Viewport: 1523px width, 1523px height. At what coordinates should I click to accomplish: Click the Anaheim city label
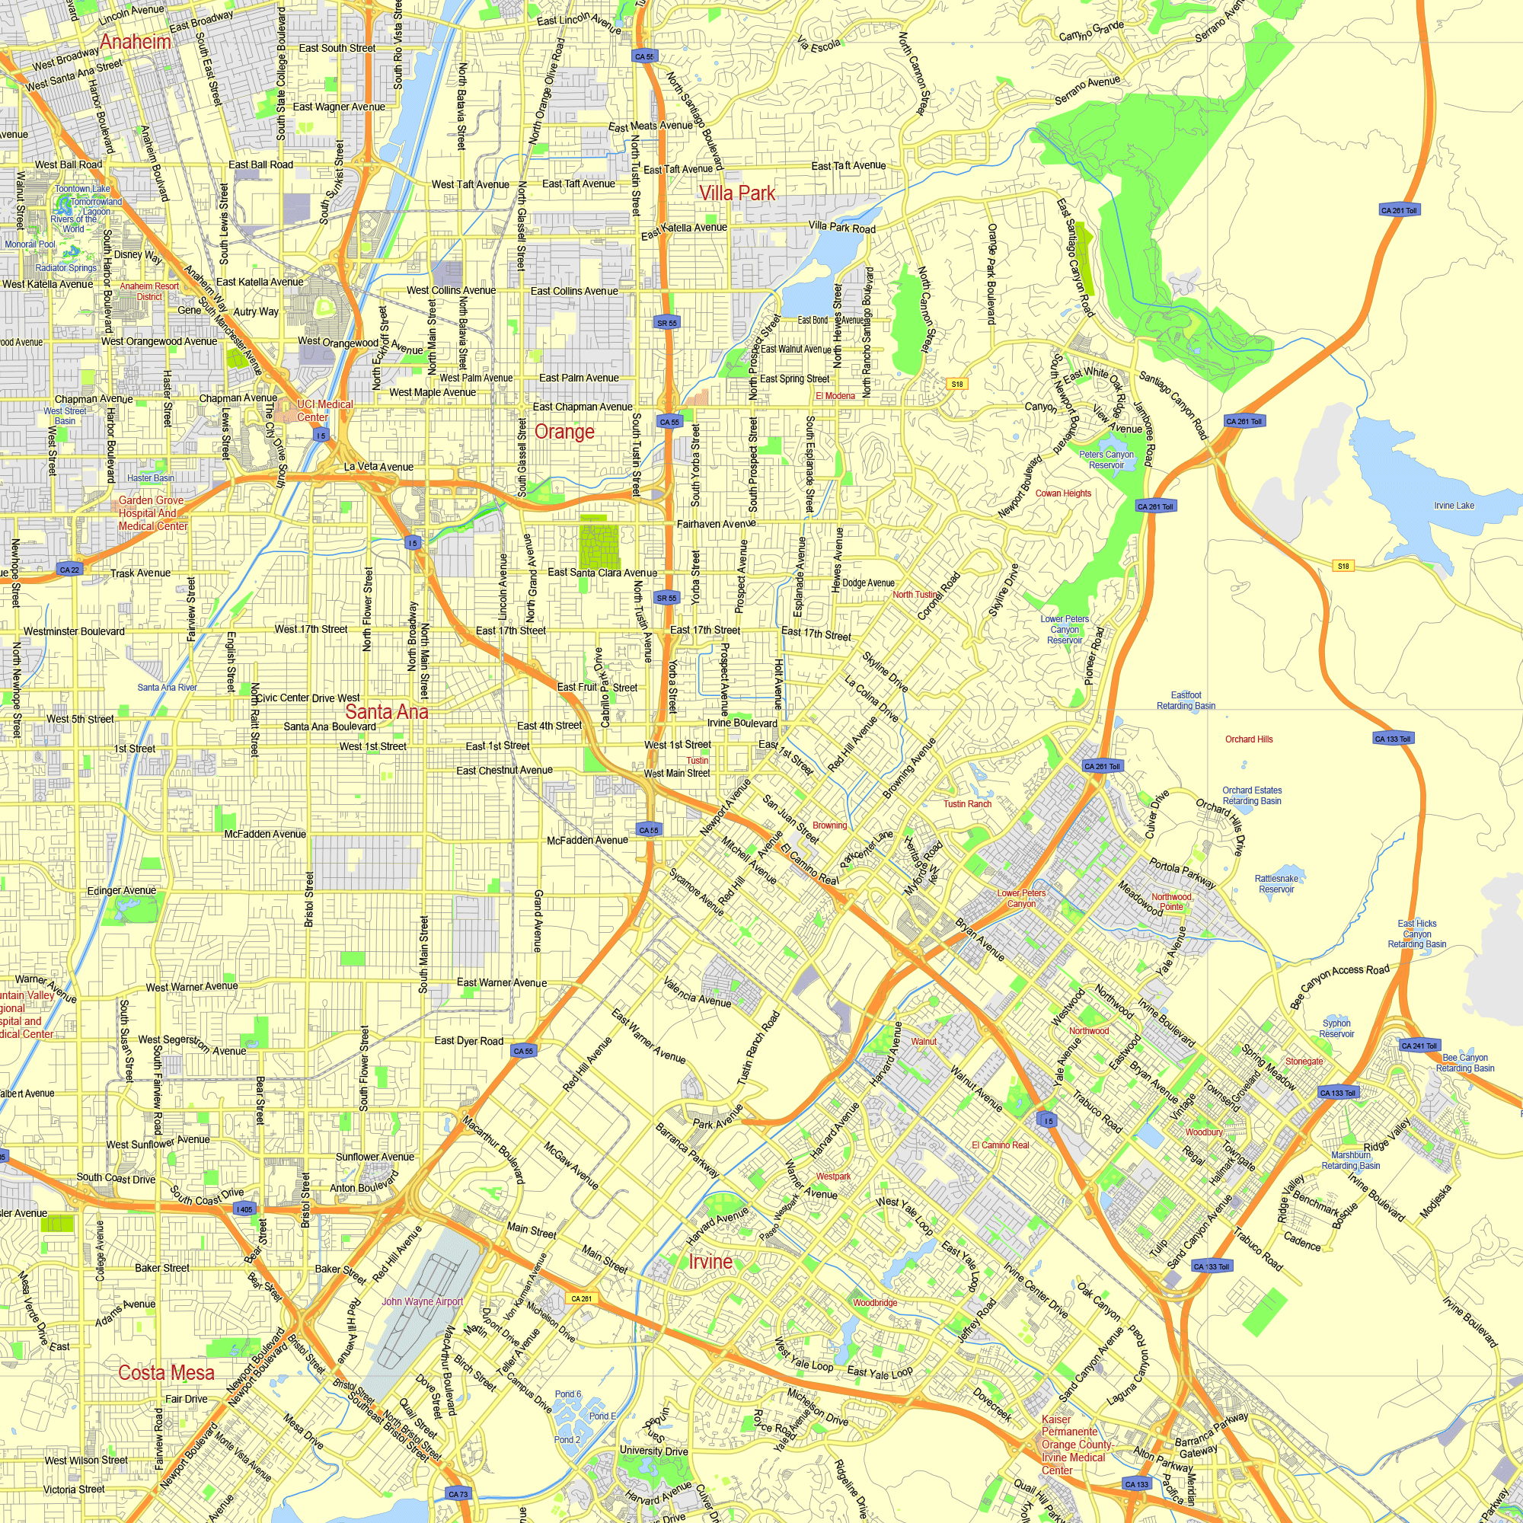pyautogui.click(x=136, y=42)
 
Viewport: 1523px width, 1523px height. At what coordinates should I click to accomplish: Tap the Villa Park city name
pyautogui.click(x=736, y=193)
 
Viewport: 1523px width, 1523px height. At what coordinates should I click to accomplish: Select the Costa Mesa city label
pyautogui.click(x=165, y=1372)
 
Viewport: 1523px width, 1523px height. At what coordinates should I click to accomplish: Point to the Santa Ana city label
pyautogui.click(x=386, y=711)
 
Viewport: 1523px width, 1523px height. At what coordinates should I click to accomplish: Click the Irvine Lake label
pyautogui.click(x=1454, y=506)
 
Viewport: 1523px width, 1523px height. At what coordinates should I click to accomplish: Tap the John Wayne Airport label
pyautogui.click(x=423, y=1301)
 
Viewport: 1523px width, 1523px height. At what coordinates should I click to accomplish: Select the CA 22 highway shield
pyautogui.click(x=70, y=569)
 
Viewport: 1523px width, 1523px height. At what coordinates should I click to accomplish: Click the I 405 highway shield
pyautogui.click(x=244, y=1209)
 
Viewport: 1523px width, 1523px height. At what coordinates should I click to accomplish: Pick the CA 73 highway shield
pyautogui.click(x=458, y=1494)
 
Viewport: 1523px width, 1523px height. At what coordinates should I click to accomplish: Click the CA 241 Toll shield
pyautogui.click(x=1419, y=1046)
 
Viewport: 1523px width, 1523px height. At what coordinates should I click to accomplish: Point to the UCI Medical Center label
pyautogui.click(x=324, y=410)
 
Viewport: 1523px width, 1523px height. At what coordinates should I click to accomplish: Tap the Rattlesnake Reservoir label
pyautogui.click(x=1276, y=883)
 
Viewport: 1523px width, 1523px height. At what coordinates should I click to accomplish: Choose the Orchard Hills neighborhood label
pyautogui.click(x=1249, y=739)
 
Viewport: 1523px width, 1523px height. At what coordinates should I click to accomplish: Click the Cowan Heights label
pyautogui.click(x=1062, y=493)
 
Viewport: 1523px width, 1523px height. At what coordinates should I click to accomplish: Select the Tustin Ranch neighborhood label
pyautogui.click(x=967, y=803)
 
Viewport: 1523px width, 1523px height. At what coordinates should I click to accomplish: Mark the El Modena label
pyautogui.click(x=835, y=396)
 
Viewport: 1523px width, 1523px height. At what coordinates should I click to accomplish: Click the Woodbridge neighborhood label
pyautogui.click(x=875, y=1302)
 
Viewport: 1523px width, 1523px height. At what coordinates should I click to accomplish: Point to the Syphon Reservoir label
pyautogui.click(x=1336, y=1028)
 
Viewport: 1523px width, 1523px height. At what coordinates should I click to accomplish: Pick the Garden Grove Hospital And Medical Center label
pyautogui.click(x=153, y=513)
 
